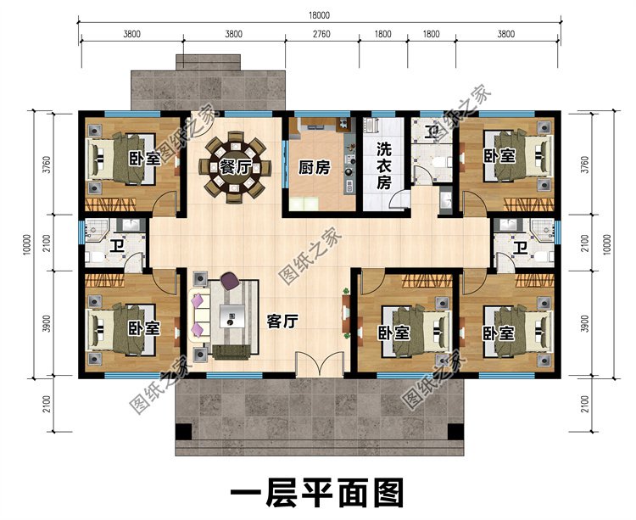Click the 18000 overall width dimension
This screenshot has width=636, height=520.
[x=317, y=15]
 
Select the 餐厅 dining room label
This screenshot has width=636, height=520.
[x=235, y=166]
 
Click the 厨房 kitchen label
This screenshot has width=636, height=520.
[x=314, y=168]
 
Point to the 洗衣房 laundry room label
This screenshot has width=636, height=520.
[x=383, y=165]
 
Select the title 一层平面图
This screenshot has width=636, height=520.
[x=317, y=493]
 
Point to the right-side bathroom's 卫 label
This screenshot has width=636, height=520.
[x=519, y=248]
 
